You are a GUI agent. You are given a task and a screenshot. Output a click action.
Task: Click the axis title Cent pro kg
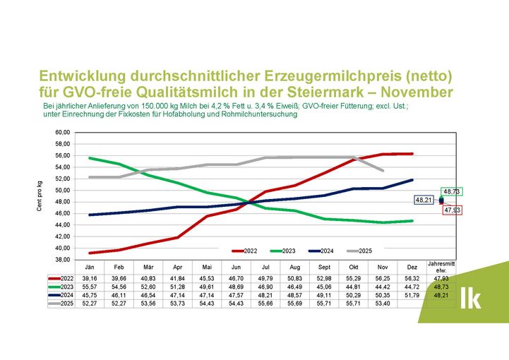click(x=40, y=196)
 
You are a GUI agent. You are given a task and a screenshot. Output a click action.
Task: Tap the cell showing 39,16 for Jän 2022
click(x=90, y=279)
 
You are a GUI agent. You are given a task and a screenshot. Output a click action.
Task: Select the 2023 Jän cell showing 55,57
click(x=90, y=287)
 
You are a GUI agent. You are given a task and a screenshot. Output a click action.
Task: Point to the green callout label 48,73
click(x=451, y=191)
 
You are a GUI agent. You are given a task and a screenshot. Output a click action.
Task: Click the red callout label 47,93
click(x=451, y=210)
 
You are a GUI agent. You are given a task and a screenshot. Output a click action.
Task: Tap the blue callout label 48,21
click(x=424, y=200)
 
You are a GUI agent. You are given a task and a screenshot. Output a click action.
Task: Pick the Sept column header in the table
click(x=324, y=267)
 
